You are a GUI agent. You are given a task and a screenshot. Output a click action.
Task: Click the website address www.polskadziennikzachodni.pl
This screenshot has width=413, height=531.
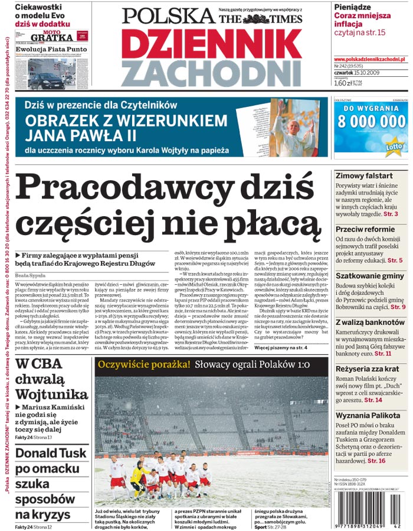coord(369,60)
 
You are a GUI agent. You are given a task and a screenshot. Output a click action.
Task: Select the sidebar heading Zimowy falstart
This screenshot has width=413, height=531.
coord(363,176)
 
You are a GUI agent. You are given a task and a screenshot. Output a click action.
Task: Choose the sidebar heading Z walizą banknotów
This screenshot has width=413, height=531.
coord(371,322)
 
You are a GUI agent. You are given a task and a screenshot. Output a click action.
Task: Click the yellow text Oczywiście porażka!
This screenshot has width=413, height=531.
coord(144,364)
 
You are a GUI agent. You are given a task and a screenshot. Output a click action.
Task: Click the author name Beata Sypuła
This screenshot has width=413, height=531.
coord(30,275)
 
